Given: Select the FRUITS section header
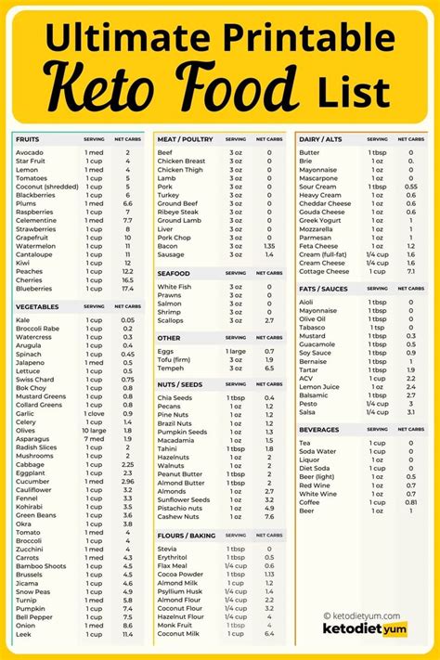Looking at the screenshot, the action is (x=27, y=138).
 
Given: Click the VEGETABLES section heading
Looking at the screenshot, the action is (x=37, y=305).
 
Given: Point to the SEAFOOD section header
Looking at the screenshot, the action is (x=175, y=274).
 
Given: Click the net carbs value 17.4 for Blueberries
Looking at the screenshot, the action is (x=127, y=289).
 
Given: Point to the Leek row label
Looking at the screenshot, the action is (x=23, y=634).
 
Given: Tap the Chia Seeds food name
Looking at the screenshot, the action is (x=175, y=397).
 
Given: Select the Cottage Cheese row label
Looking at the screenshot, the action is (x=323, y=271).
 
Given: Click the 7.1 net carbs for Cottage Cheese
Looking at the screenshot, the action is (x=411, y=271).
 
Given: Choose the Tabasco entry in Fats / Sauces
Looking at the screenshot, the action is (x=312, y=327).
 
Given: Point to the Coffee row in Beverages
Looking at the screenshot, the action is (x=309, y=502).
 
